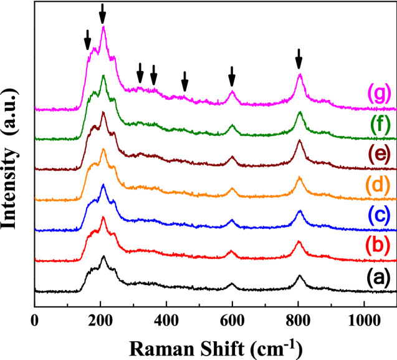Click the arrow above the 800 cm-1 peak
coord(299,59)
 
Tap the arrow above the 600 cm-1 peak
coord(232,76)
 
